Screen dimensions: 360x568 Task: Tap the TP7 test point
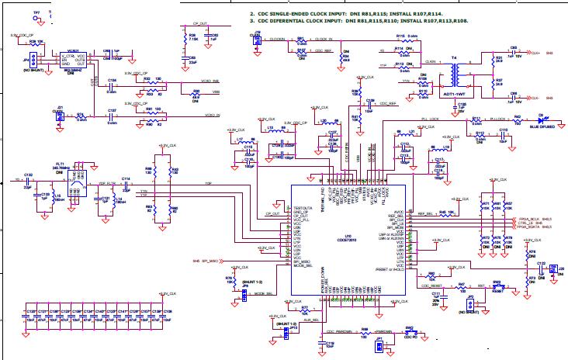click(x=36, y=18)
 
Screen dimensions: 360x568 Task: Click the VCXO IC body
click(x=73, y=60)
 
